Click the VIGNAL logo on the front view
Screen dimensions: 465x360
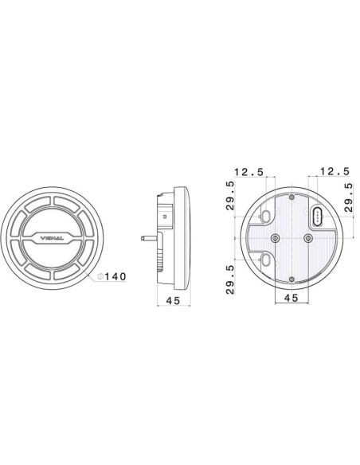pyautogui.click(x=52, y=237)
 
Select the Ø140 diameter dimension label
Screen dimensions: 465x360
pyautogui.click(x=111, y=276)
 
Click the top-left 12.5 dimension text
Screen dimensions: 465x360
pyautogui.click(x=248, y=171)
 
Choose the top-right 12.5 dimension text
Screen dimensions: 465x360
pyautogui.click(x=333, y=171)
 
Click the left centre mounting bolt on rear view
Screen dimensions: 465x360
pyautogui.click(x=275, y=238)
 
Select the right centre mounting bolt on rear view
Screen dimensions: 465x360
pyautogui.click(x=308, y=238)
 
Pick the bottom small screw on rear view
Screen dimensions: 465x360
pyautogui.click(x=292, y=278)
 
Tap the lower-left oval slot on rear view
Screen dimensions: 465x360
pyautogui.click(x=265, y=260)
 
